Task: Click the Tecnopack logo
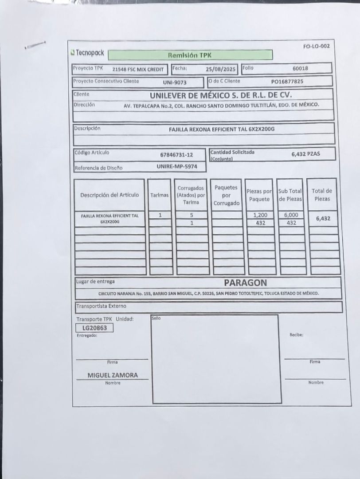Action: tap(87, 53)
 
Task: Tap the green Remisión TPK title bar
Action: tap(190, 55)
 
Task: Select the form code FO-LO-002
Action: tap(316, 46)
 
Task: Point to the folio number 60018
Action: tap(300, 68)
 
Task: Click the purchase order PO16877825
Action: tap(287, 82)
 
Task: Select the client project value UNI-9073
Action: tap(175, 82)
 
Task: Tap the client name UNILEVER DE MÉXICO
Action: tap(221, 95)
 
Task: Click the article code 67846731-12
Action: tap(176, 155)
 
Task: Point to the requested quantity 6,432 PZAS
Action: tap(305, 154)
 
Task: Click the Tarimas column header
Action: tap(160, 195)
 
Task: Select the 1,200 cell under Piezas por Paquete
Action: tap(260, 215)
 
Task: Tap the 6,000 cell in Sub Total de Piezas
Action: tap(291, 215)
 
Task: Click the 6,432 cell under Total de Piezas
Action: tap(323, 218)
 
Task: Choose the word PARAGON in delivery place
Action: tap(245, 283)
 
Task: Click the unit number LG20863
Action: tap(94, 328)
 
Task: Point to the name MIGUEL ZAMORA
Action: tap(113, 375)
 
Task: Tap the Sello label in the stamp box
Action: tap(156, 318)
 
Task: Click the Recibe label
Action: tap(296, 335)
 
